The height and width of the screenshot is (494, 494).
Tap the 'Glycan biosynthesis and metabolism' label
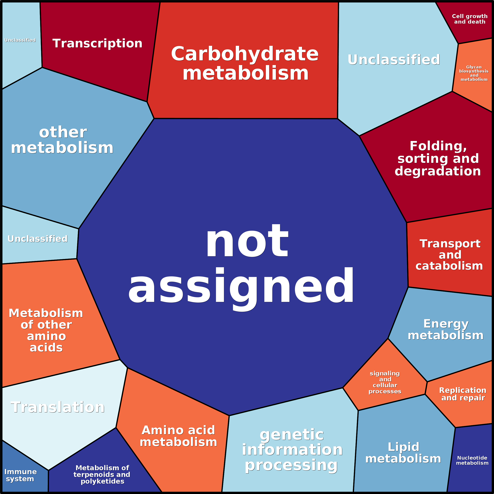click(x=474, y=73)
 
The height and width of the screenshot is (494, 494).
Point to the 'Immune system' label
click(x=20, y=475)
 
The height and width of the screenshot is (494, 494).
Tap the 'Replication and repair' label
click(x=463, y=394)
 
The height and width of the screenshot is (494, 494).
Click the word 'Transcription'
click(x=97, y=43)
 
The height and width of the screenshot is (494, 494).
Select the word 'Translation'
click(x=58, y=407)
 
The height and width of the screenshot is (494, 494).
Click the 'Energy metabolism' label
click(x=446, y=330)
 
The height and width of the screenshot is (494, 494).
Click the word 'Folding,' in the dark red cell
click(x=438, y=147)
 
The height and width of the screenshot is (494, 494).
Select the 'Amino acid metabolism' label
click(x=179, y=436)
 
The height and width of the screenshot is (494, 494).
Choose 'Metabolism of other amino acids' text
click(x=46, y=330)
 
